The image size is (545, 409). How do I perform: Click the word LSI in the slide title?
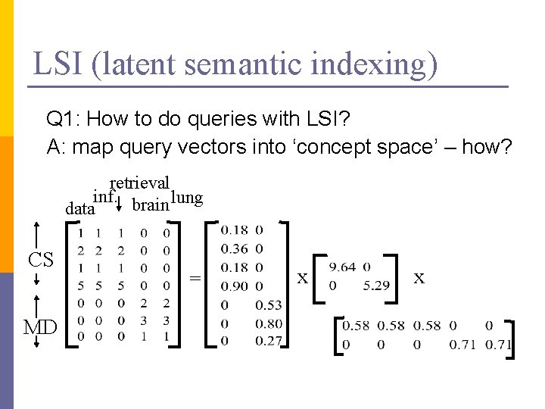pos(58,64)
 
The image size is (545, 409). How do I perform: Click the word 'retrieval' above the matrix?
pos(140,183)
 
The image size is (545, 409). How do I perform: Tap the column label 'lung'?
pos(187,198)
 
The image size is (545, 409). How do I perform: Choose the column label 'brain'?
pos(150,204)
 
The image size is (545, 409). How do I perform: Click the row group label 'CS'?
pos(40,261)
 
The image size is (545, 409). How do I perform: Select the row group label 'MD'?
pos(39,327)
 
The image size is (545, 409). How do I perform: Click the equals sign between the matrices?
pos(195,279)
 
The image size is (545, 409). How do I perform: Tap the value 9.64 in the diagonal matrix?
pos(343,267)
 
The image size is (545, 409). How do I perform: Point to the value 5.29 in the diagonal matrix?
pos(376,286)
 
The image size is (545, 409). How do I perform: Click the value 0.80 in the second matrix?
pos(269,323)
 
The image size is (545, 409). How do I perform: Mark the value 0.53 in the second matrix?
pos(269,305)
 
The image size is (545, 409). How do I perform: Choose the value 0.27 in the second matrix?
pos(269,341)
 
